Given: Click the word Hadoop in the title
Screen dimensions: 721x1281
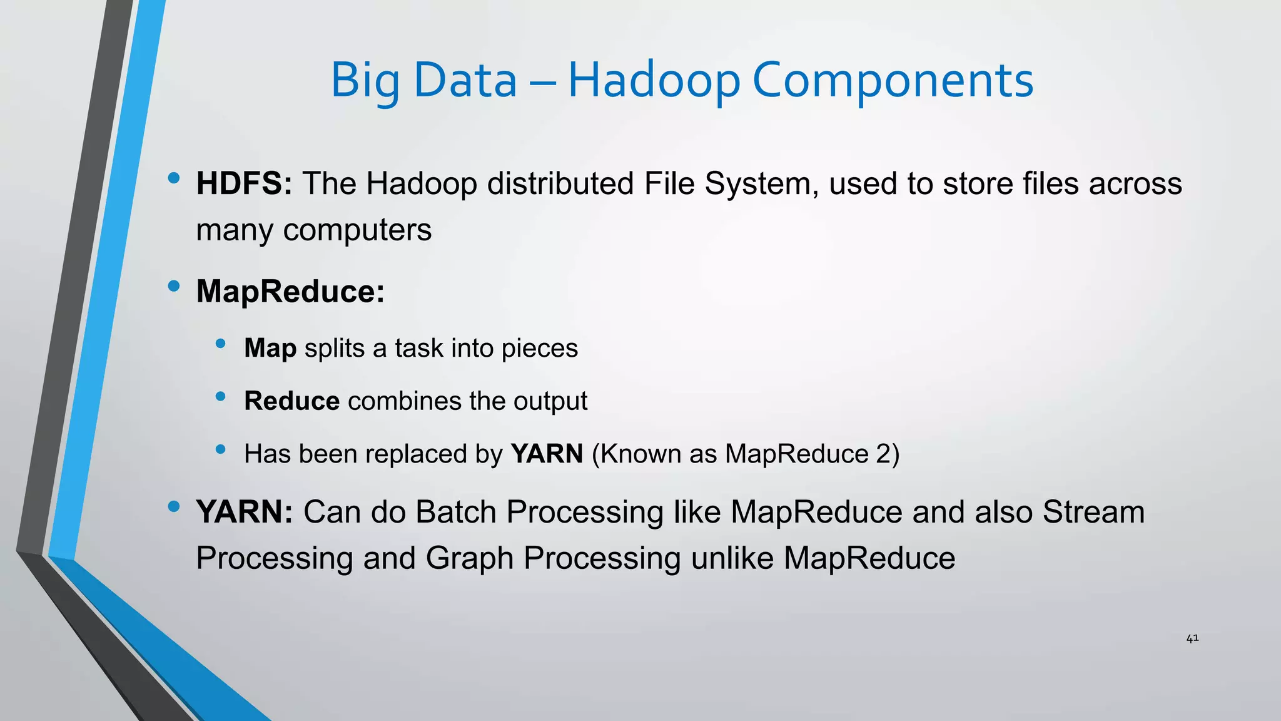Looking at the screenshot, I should (654, 80).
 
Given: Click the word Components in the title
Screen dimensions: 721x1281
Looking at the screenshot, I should (893, 80).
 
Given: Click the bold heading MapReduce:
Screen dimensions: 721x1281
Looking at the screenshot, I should (290, 291).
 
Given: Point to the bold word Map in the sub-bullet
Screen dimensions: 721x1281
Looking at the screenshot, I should (270, 348).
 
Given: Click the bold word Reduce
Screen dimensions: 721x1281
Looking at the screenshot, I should (291, 401).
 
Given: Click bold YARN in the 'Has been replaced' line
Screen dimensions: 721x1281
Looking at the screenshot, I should (547, 454).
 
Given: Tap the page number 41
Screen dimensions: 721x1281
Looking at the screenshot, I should (1192, 638).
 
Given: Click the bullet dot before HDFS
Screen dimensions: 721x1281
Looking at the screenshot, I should (174, 178).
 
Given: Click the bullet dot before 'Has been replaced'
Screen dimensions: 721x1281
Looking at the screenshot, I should (220, 449).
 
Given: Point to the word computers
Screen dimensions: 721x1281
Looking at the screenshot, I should (357, 230).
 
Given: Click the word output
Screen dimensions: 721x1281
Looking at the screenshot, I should (550, 401).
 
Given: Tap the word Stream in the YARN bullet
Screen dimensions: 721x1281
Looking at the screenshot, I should (1093, 512).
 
